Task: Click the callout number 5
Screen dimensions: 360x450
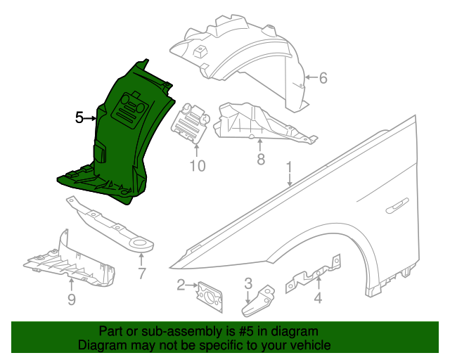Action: click(x=79, y=118)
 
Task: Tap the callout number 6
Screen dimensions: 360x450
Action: click(x=323, y=78)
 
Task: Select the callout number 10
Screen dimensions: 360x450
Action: click(x=197, y=166)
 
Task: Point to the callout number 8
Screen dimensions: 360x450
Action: click(x=261, y=160)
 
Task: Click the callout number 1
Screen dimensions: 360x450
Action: click(x=288, y=169)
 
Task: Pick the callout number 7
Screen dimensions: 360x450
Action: click(x=141, y=274)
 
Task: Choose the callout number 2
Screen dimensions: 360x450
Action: click(x=181, y=285)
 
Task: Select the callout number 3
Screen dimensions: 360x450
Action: click(x=248, y=283)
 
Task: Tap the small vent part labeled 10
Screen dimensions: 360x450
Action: click(x=192, y=124)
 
